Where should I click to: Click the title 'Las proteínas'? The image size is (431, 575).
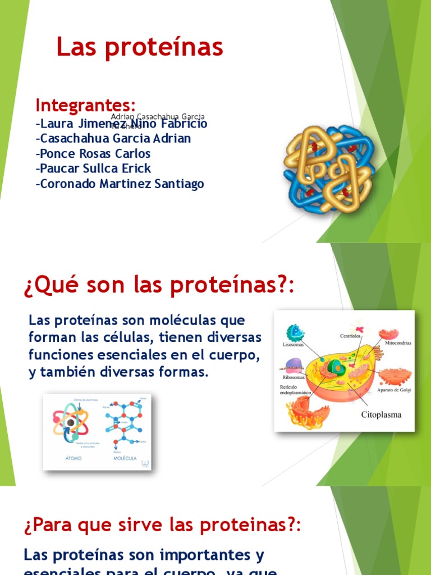[140, 48]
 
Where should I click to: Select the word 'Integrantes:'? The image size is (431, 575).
[85, 105]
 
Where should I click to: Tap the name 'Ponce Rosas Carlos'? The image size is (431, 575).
[93, 153]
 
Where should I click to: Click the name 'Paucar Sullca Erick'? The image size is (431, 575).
[93, 168]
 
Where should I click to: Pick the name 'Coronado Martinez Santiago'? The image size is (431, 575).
[120, 184]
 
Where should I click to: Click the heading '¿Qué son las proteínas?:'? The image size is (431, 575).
[159, 287]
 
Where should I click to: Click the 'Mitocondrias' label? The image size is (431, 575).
[398, 342]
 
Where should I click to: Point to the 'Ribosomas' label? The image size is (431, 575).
[294, 378]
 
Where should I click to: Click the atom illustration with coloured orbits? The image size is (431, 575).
[70, 421]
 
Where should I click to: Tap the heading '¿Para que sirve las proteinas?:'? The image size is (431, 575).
[163, 526]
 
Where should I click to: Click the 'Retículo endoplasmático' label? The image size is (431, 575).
[295, 390]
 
